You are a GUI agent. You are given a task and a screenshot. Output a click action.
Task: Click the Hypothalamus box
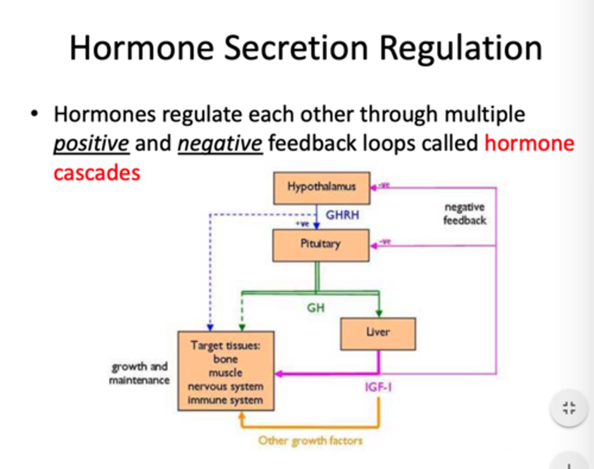[322, 188]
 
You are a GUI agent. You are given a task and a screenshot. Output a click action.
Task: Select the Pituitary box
[321, 245]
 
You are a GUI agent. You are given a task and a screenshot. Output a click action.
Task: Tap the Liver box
[378, 334]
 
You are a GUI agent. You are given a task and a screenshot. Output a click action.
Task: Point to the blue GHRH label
[342, 215]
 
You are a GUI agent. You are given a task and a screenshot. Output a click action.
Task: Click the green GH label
[316, 308]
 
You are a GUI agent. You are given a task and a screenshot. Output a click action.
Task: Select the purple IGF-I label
[378, 387]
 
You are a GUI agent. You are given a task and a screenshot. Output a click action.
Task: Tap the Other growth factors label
[310, 441]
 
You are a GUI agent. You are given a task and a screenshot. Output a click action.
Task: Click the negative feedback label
[464, 214]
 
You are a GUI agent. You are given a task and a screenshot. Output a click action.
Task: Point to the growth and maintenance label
[139, 373]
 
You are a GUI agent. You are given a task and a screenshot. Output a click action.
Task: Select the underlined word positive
[92, 144]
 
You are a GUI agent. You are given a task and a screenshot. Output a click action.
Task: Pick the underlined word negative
[220, 144]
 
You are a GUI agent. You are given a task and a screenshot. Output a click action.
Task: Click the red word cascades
[97, 172]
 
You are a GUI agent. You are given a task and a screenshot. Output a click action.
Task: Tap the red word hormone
[529, 144]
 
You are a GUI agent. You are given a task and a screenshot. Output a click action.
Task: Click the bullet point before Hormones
[35, 114]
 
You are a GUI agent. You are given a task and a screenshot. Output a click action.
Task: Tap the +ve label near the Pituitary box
[302, 224]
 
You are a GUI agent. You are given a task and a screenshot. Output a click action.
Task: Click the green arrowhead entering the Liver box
[379, 313]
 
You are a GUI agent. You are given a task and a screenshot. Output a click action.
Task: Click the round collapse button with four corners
[569, 408]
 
